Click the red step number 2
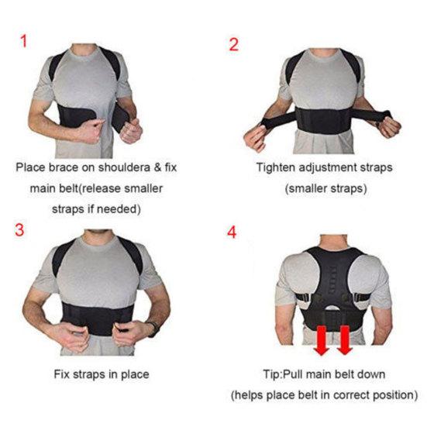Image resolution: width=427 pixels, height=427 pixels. coord(233,43)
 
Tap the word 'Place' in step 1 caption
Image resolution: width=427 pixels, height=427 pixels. coord(32,167)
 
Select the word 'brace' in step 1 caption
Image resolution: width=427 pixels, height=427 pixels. coord(66,167)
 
